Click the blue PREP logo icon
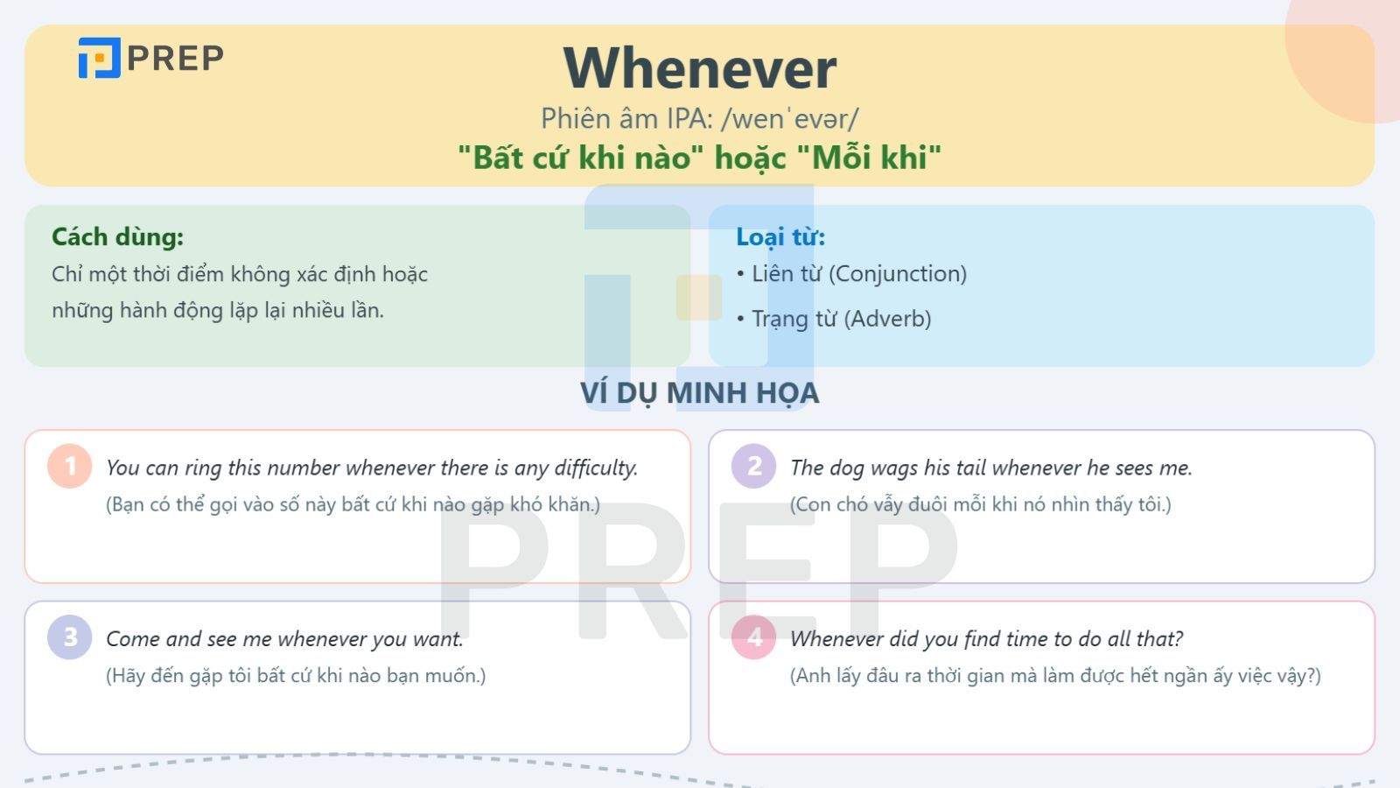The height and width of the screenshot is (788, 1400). pyautogui.click(x=99, y=58)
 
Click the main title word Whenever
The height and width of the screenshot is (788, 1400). pyautogui.click(x=699, y=68)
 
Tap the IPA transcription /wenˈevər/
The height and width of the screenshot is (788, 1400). pyautogui.click(x=790, y=119)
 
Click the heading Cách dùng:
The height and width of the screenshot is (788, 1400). pyautogui.click(x=117, y=236)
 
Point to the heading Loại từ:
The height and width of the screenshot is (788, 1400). pyautogui.click(x=780, y=236)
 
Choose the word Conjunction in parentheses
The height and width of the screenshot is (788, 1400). pyautogui.click(x=898, y=274)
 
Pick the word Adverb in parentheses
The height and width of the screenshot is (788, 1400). pyautogui.click(x=887, y=319)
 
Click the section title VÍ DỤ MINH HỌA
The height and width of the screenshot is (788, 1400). pyautogui.click(x=699, y=393)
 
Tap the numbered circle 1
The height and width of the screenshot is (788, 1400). pyautogui.click(x=69, y=466)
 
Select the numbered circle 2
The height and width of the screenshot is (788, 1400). pyautogui.click(x=753, y=466)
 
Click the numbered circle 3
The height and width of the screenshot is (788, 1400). pyautogui.click(x=69, y=637)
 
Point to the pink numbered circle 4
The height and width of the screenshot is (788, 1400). pyautogui.click(x=753, y=637)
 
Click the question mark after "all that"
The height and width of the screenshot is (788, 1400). pyautogui.click(x=1178, y=638)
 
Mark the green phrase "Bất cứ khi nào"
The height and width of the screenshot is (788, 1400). pyautogui.click(x=574, y=157)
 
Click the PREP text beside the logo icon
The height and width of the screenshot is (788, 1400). pyautogui.click(x=175, y=58)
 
